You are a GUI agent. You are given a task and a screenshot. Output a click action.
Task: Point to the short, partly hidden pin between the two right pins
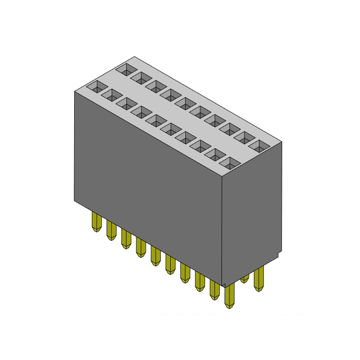coord(245,279)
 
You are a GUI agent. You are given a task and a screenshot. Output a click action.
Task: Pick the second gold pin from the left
coord(111,230)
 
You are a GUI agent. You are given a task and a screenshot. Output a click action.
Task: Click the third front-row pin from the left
coord(126,238)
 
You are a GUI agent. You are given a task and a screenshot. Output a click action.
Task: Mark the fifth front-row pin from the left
coord(155,255)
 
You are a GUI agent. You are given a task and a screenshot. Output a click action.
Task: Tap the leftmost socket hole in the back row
coord(125,69)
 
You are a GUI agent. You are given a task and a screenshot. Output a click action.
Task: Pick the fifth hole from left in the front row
coord(155,120)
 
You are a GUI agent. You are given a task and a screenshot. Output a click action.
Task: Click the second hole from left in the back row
coord(140,77)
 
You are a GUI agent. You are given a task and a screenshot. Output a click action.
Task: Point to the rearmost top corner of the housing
coord(134,57)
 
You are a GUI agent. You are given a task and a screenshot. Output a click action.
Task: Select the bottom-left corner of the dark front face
coord(75,200)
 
